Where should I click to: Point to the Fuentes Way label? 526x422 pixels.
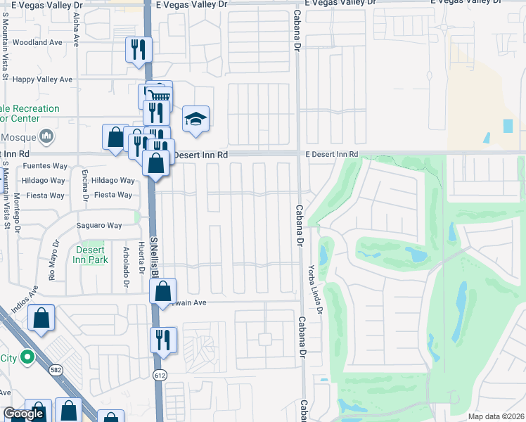tap(44, 166)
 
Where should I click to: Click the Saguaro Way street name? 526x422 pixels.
tap(99, 225)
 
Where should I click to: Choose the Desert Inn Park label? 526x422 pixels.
tap(89, 255)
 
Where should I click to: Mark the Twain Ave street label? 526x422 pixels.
tap(186, 302)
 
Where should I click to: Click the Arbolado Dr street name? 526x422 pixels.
tap(126, 265)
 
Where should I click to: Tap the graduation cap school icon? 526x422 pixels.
tap(196, 120)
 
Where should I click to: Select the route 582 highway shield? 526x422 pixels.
tap(56, 370)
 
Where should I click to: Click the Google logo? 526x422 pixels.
tap(23, 414)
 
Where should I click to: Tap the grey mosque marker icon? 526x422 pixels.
tap(47, 135)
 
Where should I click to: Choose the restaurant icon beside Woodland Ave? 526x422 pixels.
tap(138, 50)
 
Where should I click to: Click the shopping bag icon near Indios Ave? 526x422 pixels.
tap(41, 317)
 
